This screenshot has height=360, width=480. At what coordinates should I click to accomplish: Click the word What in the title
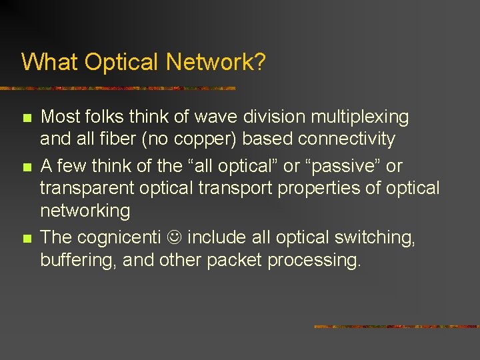point(45,62)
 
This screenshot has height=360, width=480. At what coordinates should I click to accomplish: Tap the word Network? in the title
point(216,62)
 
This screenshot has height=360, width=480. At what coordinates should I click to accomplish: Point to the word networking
point(85,211)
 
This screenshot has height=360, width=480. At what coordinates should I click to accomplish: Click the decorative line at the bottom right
point(396,327)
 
